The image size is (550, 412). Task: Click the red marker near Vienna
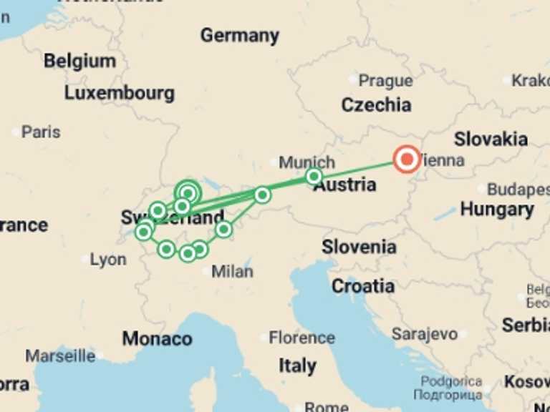pos(407,160)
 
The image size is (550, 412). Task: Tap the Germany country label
pos(239,35)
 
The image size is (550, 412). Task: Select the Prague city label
pos(385,81)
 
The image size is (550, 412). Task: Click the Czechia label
pos(376,105)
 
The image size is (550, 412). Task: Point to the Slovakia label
pos(491,139)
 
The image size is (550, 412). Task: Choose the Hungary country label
pos(496,210)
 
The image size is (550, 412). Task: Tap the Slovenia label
pos(359,247)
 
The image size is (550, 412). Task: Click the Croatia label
pos(362,286)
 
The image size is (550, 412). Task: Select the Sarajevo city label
pos(425,334)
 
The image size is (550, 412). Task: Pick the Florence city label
pos(301,338)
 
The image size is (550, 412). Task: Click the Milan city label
pos(232,272)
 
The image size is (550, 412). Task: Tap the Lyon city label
pos(108,260)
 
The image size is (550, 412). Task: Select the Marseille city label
pos(60,355)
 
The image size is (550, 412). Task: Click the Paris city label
pos(41,132)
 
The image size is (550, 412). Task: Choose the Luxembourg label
pos(119,93)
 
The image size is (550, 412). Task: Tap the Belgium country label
pos(79,61)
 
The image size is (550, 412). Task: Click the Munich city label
pos(307,162)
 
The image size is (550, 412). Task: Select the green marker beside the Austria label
pos(314,176)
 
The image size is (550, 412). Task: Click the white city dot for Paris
pos(16,132)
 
